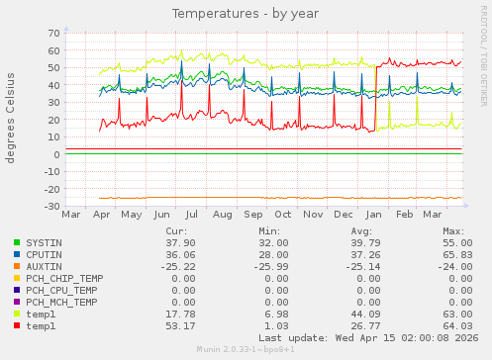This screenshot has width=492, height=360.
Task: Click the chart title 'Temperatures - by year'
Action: [246, 14]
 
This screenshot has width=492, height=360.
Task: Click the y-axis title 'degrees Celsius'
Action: [11, 120]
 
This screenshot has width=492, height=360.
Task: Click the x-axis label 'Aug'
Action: [223, 214]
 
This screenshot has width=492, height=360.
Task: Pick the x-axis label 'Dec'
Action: [344, 214]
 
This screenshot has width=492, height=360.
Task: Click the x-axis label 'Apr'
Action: [101, 214]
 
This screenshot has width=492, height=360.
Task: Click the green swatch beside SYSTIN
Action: [17, 242]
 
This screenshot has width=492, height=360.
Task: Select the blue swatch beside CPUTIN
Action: [17, 254]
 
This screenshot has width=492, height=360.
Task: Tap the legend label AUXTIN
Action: [44, 266]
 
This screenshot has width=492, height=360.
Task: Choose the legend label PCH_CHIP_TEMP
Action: [64, 278]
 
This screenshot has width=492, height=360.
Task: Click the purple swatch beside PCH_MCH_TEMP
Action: [17, 302]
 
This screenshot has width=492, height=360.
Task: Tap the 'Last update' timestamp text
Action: [368, 338]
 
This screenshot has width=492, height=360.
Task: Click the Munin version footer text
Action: [246, 351]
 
